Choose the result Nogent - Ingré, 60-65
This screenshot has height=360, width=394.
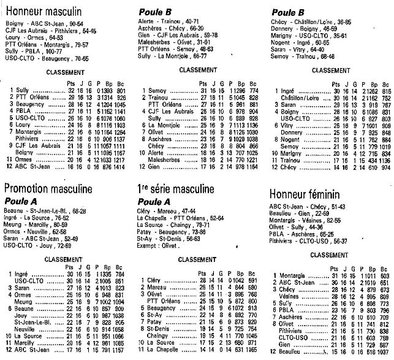300,44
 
